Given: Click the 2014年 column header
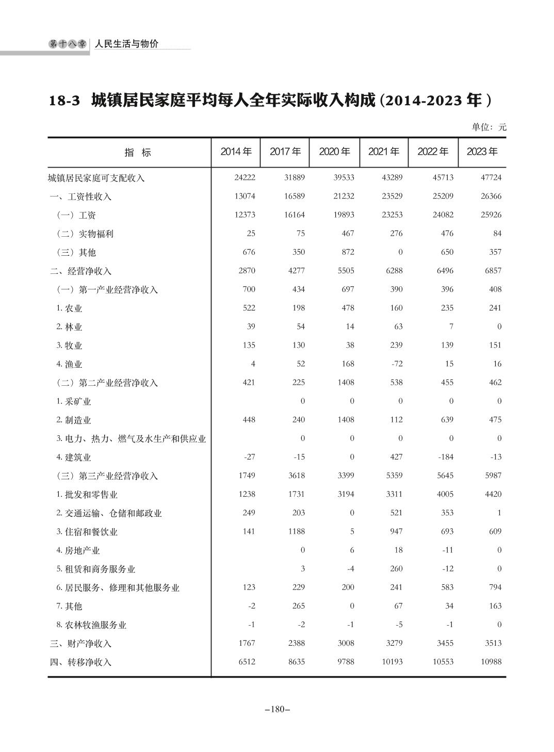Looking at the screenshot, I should pos(236,152).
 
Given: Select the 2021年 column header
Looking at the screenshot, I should pos(383,152).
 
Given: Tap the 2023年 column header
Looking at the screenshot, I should pos(482,152).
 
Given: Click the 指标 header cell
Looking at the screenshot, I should pos(138,153).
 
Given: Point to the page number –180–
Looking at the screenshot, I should pos(277,709).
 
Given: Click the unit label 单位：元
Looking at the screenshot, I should pos(489,127).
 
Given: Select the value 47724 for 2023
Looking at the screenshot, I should pos(491,177).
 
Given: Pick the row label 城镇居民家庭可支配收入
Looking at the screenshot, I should pos(96,178).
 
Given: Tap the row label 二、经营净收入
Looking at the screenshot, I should pos(81,271).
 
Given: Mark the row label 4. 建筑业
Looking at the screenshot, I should pos(74,457).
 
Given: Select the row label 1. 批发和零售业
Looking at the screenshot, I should pos(87,495).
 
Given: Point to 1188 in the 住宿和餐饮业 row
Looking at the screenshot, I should pos(296,531).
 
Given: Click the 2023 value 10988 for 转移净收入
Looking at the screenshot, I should pos(491,662).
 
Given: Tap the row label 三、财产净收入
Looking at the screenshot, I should pos(81,644).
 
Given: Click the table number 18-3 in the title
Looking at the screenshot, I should pos(64,100).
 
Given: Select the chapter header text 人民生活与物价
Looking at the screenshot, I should pos(126,44).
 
